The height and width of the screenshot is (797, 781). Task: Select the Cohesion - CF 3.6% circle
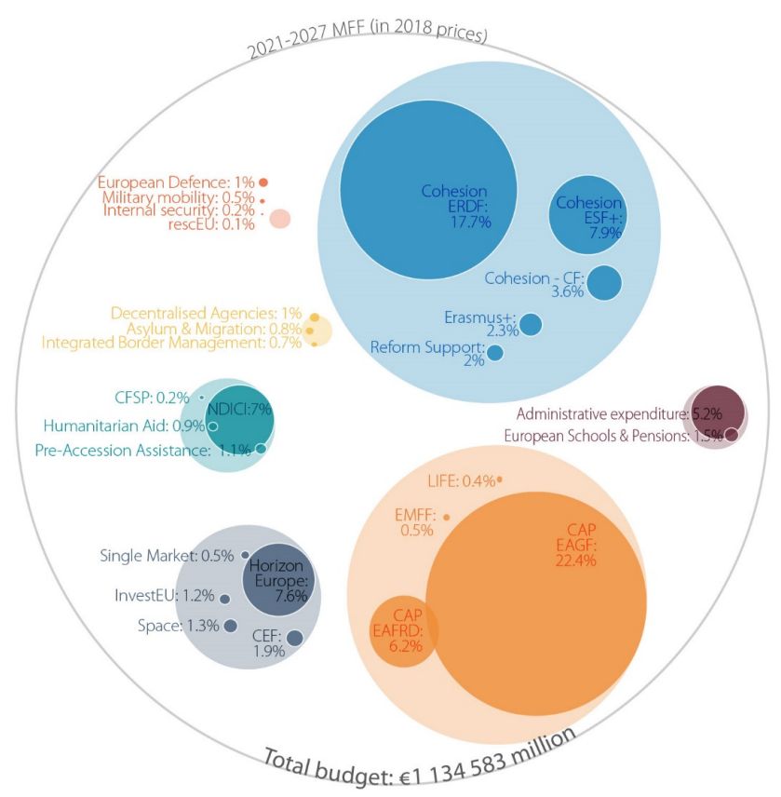pyautogui.click(x=604, y=283)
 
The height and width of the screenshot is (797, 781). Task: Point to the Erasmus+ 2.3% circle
pyautogui.click(x=531, y=324)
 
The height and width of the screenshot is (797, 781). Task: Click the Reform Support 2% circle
pyautogui.click(x=495, y=353)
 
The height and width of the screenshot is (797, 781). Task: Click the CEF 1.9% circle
pyautogui.click(x=294, y=638)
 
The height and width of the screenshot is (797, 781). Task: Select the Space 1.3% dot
pyautogui.click(x=230, y=625)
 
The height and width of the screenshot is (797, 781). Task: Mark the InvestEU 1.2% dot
pyautogui.click(x=224, y=599)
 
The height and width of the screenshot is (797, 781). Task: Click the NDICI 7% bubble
pyautogui.click(x=240, y=419)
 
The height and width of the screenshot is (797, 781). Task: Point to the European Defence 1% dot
pyautogui.click(x=264, y=182)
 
